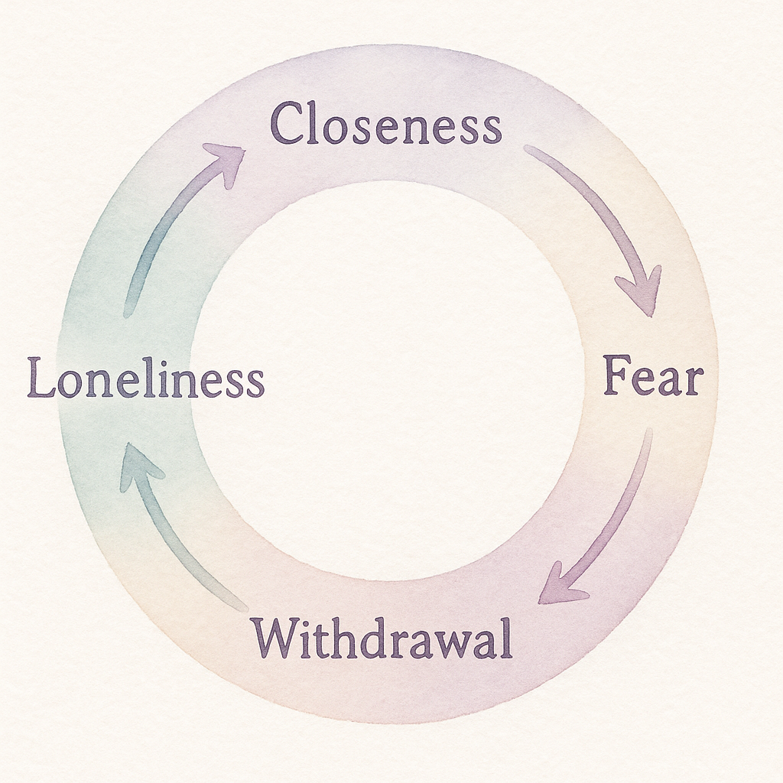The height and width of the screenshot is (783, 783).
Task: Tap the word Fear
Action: [652, 377]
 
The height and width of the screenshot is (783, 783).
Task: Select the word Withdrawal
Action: [382, 638]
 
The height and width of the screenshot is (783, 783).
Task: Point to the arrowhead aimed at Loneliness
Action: [138, 463]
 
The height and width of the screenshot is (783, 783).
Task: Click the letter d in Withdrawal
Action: [380, 638]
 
